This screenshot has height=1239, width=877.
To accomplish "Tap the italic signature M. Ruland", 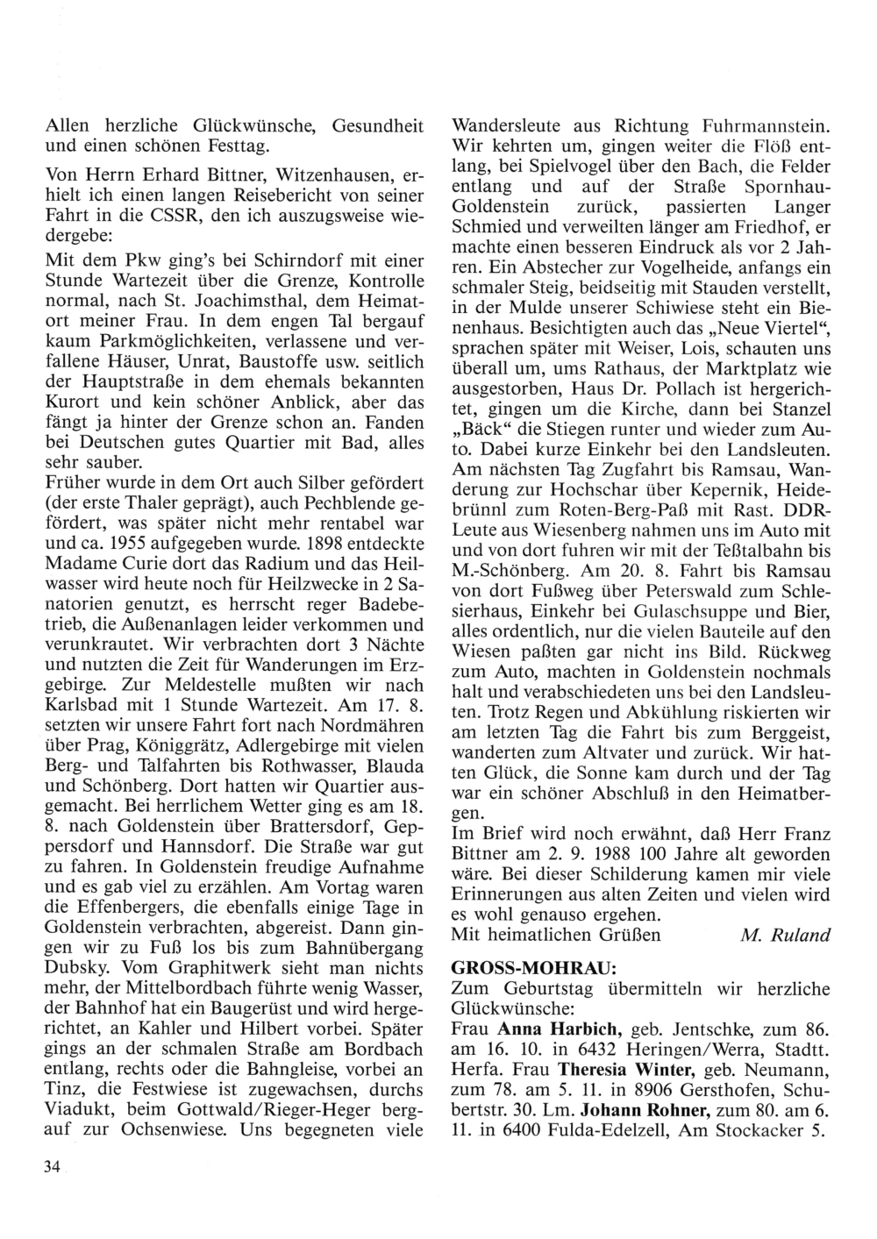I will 785,935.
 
